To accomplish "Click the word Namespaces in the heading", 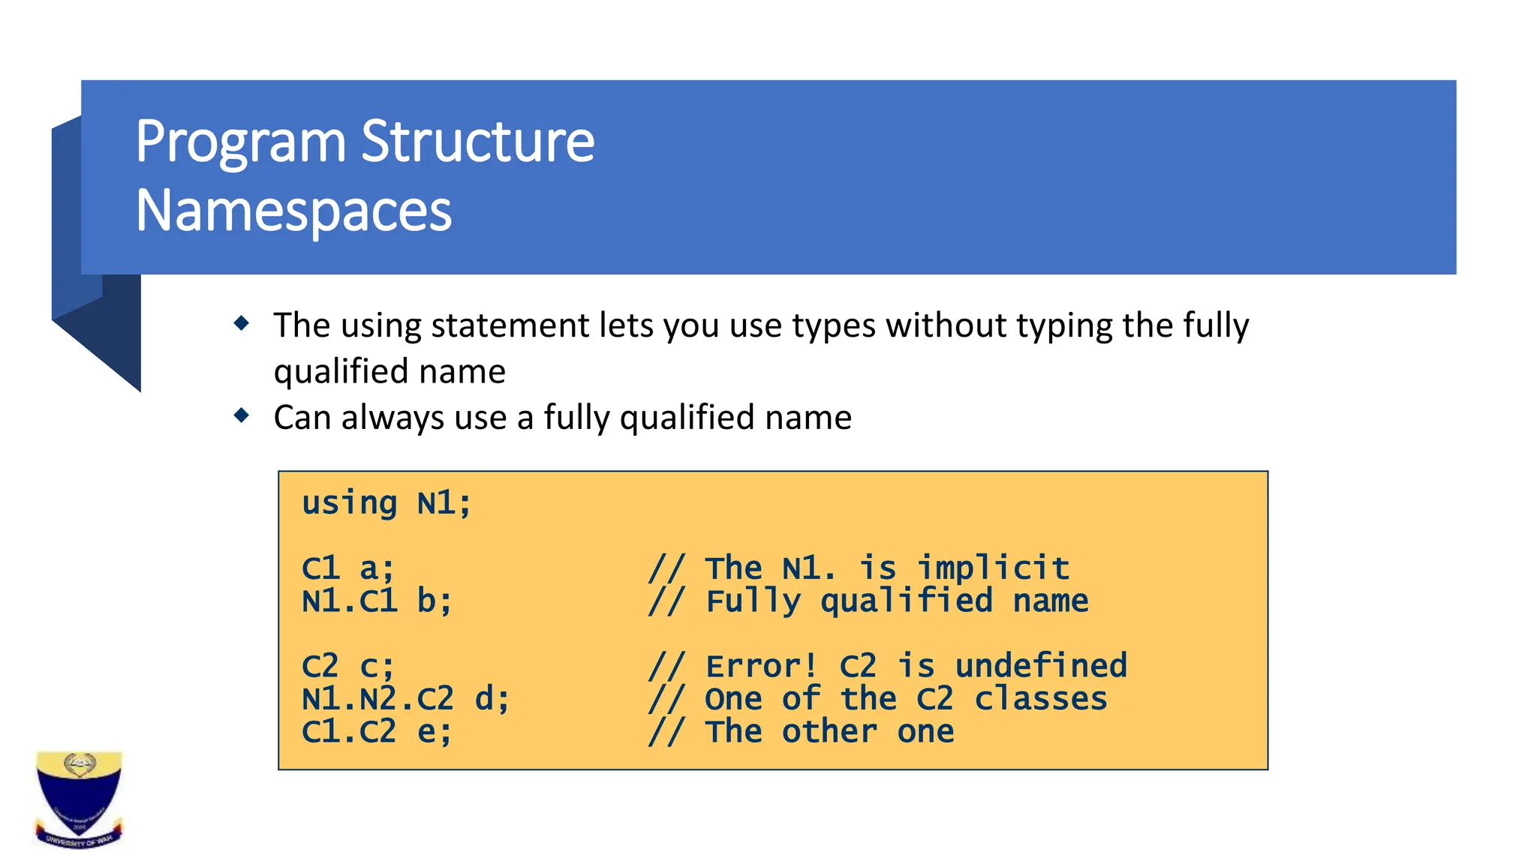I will point(293,211).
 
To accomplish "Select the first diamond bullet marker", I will point(242,323).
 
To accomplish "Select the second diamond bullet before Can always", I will point(242,415).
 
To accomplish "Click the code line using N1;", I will point(387,503).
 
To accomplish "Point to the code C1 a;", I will point(347,568).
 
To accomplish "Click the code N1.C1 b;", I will point(377,601).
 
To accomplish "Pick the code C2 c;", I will point(347,666).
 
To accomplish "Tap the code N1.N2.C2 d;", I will point(405,699).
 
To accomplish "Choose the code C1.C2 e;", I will point(377,731).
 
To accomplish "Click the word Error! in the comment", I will point(761,666).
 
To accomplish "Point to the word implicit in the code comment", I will point(993,568).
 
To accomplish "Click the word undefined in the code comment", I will point(1040,666).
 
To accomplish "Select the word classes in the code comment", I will point(1040,699).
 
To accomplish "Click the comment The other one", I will point(829,731).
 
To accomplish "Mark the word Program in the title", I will point(240,142).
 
